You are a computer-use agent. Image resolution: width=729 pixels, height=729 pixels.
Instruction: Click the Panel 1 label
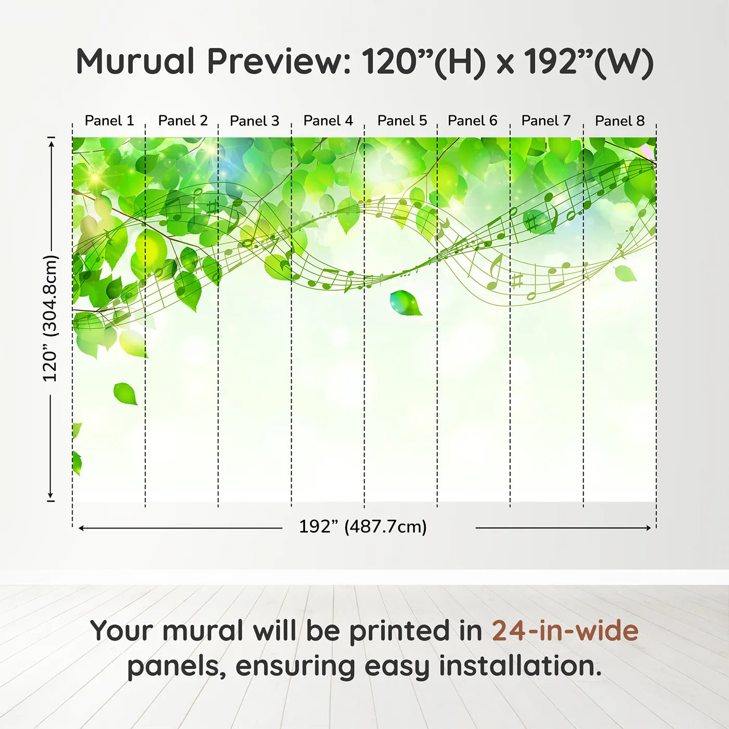pos(109,121)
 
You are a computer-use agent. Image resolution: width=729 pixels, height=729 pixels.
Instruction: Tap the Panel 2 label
pos(183,121)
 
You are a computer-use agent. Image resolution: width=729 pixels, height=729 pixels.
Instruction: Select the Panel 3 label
pos(254,121)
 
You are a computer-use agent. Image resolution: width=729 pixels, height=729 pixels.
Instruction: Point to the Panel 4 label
pos(328,121)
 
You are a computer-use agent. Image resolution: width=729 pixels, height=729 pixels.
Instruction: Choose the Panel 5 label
pos(402,121)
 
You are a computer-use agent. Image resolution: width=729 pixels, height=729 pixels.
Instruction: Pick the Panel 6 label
pos(472,121)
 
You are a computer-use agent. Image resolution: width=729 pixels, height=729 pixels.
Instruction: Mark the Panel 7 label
pos(546,121)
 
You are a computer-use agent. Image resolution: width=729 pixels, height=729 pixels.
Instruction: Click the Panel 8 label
pos(620,121)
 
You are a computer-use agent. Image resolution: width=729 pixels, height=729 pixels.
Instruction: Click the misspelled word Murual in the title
pos(135,61)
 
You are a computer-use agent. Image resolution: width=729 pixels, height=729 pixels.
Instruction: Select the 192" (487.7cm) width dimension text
pos(363,526)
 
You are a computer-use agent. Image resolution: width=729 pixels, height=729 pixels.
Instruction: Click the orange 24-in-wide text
pos(565,630)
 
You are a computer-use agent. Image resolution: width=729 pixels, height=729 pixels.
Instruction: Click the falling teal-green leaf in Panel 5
pos(406,303)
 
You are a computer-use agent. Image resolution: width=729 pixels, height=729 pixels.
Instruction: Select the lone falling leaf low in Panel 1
pos(125,394)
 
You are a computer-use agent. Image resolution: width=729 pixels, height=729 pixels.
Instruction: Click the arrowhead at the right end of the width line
pos(648,527)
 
